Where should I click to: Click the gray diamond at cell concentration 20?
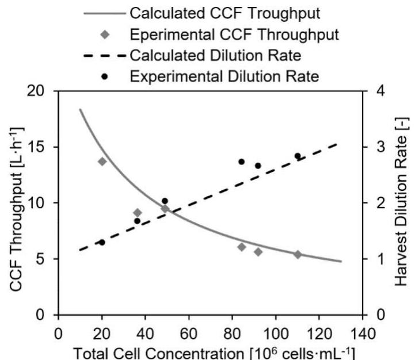click(102, 162)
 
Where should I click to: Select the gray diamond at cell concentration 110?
click(298, 254)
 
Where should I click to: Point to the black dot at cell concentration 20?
click(102, 242)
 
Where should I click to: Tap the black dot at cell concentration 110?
click(298, 156)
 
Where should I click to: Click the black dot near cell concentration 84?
click(242, 162)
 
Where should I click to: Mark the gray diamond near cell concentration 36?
click(138, 213)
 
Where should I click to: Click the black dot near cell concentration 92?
click(258, 166)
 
